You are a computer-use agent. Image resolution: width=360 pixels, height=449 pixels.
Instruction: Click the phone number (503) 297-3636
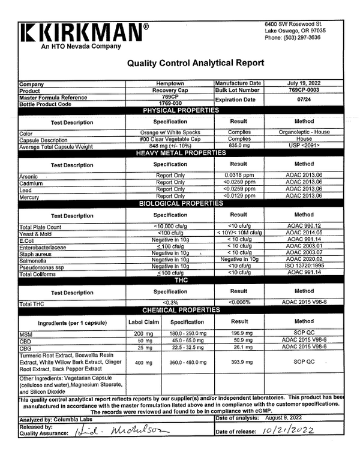(293, 37)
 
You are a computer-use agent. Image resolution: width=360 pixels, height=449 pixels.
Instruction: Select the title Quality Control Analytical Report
(196, 63)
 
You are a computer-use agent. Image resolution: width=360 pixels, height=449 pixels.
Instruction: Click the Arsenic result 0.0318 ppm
(238, 176)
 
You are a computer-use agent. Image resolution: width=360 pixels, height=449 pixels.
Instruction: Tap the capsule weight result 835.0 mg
(238, 145)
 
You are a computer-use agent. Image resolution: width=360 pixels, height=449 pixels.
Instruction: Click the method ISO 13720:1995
(304, 266)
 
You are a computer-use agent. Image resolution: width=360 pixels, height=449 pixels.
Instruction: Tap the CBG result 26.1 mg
(238, 347)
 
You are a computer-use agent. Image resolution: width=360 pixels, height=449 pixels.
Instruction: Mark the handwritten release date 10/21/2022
(286, 430)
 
